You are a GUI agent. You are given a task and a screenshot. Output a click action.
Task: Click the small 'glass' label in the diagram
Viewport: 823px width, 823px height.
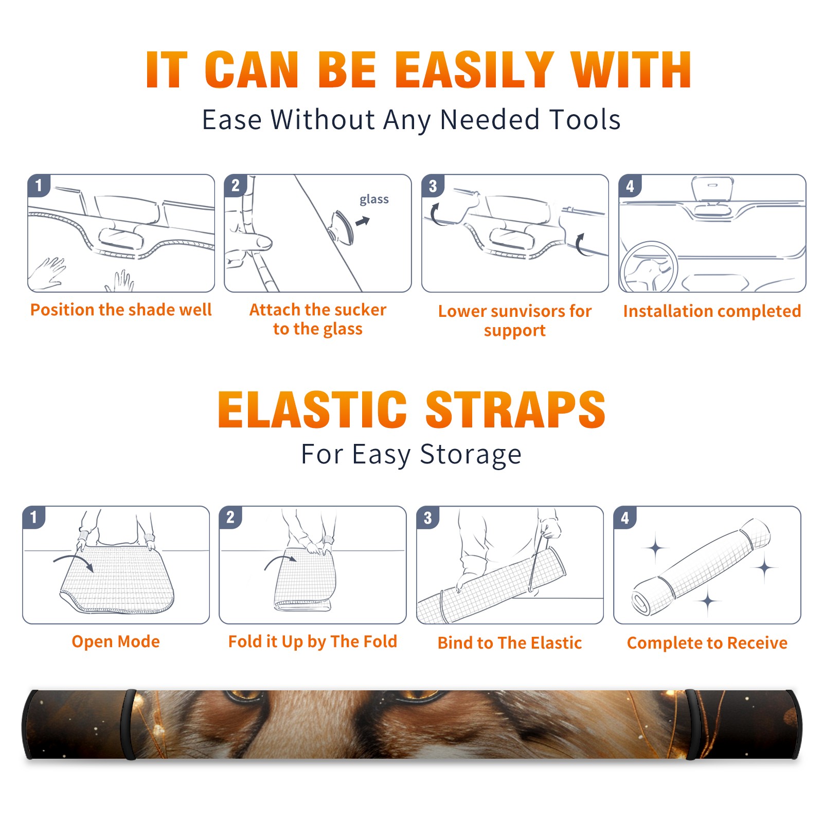(374, 200)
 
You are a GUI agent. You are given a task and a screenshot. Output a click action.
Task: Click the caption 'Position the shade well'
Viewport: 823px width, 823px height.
(121, 310)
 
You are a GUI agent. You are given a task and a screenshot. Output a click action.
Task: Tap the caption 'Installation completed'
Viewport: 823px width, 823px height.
(712, 311)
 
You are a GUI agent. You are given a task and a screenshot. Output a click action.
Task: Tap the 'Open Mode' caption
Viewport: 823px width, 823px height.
(116, 642)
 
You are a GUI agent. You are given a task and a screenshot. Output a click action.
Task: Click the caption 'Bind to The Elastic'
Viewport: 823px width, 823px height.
(510, 643)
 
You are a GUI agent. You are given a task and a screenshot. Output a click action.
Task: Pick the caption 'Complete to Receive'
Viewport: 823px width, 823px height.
(707, 643)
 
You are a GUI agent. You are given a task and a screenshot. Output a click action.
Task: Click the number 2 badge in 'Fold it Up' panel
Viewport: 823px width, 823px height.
(230, 517)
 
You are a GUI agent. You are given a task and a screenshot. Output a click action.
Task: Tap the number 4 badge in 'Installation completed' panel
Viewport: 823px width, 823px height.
(630, 186)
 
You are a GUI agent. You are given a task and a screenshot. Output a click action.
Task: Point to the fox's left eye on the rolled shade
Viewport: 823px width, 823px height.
(242, 695)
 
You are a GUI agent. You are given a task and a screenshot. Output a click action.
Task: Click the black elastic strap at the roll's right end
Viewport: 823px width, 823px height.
(692, 724)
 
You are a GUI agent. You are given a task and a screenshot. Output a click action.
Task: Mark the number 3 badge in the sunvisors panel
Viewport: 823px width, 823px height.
(433, 186)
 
